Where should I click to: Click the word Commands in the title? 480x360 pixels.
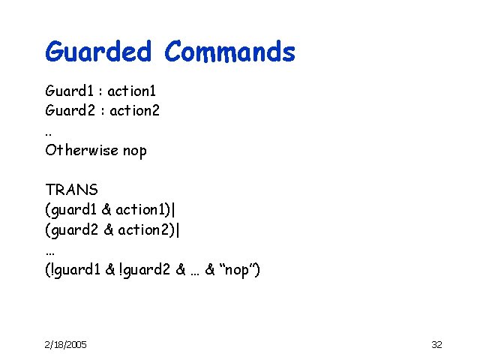pyautogui.click(x=229, y=52)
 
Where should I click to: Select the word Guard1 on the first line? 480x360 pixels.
pyautogui.click(x=69, y=91)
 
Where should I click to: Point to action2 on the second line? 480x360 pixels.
pyautogui.click(x=134, y=111)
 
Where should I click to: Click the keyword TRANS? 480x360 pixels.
pyautogui.click(x=67, y=189)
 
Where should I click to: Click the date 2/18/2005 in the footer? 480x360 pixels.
pyautogui.click(x=65, y=344)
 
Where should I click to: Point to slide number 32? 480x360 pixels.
pyautogui.click(x=436, y=344)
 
